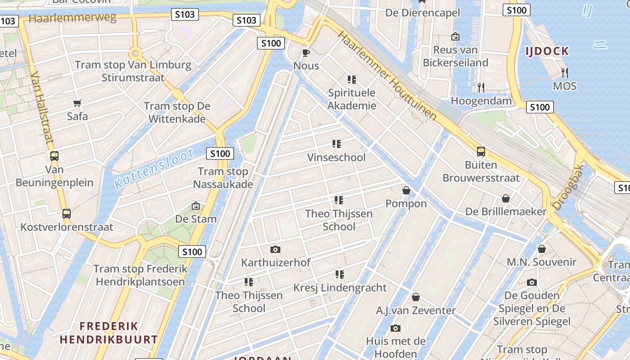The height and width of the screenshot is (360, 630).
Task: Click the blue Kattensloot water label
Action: click(154, 168)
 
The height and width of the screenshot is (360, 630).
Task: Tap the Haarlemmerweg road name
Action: click(72, 18)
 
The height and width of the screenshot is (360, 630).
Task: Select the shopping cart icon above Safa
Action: click(77, 103)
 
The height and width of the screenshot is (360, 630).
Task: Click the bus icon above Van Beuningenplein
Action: click(54, 156)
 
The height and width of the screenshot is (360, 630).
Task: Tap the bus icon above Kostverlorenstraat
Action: click(67, 213)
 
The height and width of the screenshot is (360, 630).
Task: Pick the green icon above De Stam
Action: click(196, 206)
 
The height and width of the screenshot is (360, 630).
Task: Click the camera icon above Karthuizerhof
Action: click(275, 249)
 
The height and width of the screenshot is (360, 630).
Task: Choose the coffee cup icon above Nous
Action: click(306, 53)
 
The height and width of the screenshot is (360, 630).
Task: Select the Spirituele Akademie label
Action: click(352, 99)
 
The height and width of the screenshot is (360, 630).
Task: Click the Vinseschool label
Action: click(336, 157)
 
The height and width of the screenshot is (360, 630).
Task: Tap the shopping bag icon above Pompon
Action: click(406, 190)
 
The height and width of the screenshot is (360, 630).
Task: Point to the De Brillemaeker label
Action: click(506, 211)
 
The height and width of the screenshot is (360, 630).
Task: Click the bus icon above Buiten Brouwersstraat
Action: click(481, 152)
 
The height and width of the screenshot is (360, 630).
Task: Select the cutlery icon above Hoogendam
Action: click(481, 88)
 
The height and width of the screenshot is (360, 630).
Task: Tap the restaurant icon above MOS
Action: click(565, 72)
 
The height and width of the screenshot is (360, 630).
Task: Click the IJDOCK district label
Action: click(547, 51)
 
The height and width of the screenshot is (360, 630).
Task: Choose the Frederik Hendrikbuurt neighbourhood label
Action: click(109, 333)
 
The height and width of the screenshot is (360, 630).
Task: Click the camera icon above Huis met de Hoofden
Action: click(396, 328)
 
